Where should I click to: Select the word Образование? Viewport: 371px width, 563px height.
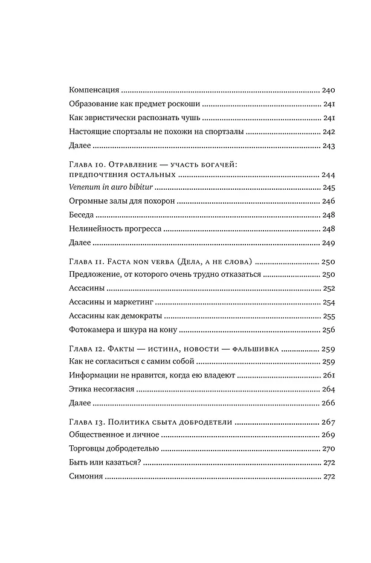[x=90, y=104]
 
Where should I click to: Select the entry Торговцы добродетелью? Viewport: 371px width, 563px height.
[x=106, y=449]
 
